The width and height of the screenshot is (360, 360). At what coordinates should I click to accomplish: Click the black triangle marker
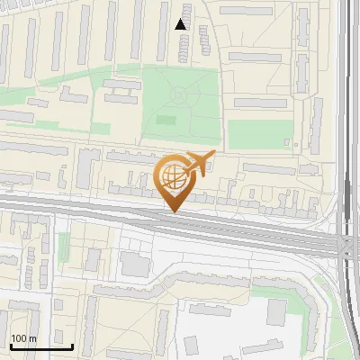point(181,24)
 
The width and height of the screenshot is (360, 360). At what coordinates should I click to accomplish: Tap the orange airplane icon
point(201,162)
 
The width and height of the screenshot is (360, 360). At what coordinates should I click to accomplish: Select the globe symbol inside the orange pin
point(171,175)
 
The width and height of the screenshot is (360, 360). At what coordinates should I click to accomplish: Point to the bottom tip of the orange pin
point(173,211)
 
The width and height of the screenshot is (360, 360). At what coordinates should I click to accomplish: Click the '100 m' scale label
point(22,338)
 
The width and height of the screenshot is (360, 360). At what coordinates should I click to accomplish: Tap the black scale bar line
point(41,346)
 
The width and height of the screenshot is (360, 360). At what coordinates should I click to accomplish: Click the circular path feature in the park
point(178,94)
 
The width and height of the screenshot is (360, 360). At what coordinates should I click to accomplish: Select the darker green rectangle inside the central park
point(166,119)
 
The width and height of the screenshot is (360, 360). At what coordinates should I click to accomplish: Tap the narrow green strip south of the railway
point(64,247)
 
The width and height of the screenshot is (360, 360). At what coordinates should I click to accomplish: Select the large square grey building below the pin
point(135,265)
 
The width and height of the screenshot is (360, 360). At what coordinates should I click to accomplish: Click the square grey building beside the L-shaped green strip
point(276,312)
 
